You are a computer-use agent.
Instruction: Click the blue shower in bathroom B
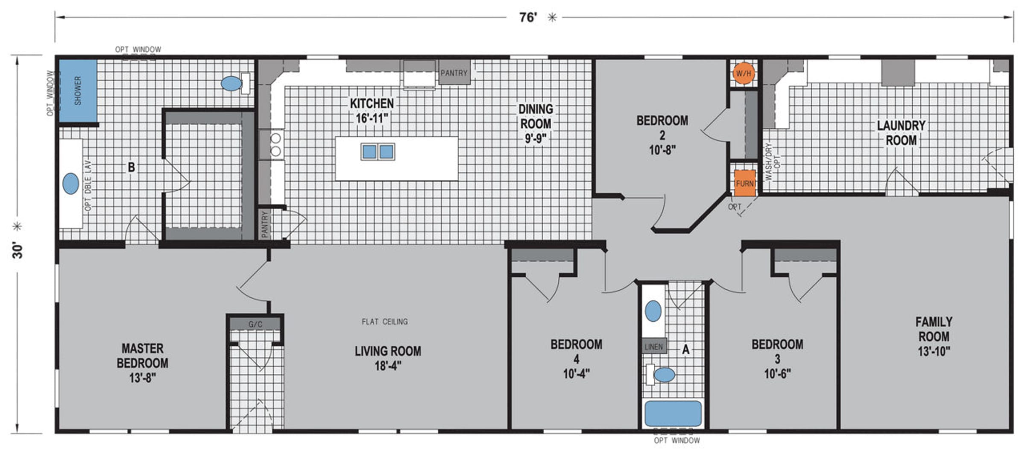78,91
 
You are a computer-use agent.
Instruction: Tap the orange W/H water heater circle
743,73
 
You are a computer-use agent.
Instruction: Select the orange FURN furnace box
745,183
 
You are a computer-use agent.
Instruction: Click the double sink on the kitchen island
378,152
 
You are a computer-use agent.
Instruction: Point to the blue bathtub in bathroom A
673,414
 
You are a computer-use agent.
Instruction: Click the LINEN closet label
654,347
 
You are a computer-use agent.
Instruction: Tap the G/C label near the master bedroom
255,324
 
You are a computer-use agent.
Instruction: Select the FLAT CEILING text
385,322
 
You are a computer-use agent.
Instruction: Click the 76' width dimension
528,17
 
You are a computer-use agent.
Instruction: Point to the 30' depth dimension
18,250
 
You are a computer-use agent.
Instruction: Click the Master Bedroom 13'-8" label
142,363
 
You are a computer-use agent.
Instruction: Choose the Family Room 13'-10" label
934,336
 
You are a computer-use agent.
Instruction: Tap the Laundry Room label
901,133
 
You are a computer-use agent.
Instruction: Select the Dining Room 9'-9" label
536,123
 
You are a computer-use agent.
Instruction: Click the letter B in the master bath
132,167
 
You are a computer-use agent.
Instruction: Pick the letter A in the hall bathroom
685,350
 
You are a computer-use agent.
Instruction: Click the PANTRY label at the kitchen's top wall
454,73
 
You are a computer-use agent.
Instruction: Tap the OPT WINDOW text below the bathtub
677,440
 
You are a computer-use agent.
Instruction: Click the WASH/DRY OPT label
772,161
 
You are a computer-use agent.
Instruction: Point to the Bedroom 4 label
576,359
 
